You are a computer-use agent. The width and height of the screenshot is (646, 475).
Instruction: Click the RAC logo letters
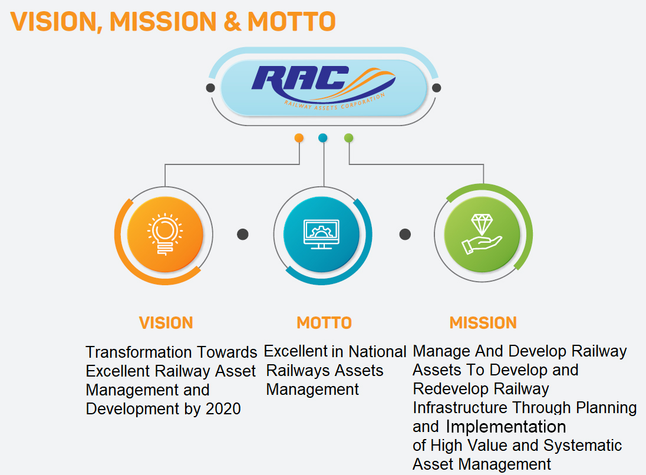301,78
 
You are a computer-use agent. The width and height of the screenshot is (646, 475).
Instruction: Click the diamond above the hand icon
482,225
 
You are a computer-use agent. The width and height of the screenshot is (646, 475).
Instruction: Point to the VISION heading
166,323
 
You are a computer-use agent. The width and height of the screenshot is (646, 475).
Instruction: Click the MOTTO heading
324,323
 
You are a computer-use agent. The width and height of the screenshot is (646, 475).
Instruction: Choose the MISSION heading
483,323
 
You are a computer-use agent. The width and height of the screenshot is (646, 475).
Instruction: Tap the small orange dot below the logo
299,138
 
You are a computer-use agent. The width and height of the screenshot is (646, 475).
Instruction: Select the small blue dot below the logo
323,138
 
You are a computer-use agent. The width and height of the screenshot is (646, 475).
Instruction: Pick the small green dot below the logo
348,138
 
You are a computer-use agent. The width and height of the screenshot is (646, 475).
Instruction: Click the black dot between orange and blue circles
243,235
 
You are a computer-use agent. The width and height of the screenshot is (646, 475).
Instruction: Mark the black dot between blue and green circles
405,235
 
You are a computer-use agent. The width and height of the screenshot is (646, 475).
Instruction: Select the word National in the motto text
377,351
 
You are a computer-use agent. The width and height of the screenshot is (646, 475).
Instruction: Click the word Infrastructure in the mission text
460,408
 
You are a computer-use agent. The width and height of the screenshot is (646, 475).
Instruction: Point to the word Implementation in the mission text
506,427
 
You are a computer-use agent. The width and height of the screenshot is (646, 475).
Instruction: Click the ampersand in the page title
233,21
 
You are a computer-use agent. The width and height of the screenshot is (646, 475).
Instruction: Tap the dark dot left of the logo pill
210,88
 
